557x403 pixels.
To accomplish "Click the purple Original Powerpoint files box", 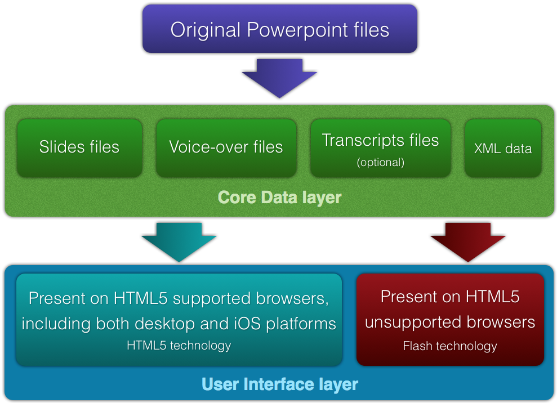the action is pos(280,29).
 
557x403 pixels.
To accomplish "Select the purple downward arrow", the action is pos(279,78).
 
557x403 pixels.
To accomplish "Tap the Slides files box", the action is pos(79,147).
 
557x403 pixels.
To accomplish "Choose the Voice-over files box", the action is pos(226,147).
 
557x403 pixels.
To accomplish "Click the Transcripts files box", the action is pos(381,147).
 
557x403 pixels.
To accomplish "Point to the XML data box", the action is pos(503,147).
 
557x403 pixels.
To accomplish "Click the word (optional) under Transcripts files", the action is pos(381,162).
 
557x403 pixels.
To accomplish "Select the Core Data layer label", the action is pos(279,198).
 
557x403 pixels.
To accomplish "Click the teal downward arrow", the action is pos(179,243).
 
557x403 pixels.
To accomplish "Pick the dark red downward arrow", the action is pos(468,243).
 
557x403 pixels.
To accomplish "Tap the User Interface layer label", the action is pos(280,384).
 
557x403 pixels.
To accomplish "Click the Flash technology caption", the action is pos(450,346).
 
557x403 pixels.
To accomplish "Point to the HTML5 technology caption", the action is pos(179,345).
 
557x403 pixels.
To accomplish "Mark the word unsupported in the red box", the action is pos(413,323).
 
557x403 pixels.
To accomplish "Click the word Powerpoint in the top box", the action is pos(297,30).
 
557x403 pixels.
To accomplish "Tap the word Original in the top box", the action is pos(206,30).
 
